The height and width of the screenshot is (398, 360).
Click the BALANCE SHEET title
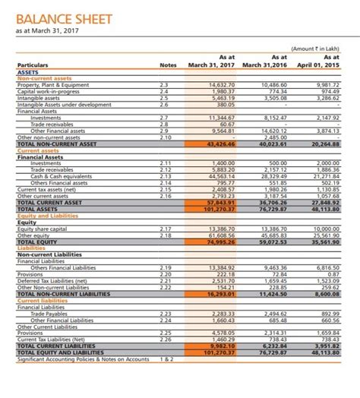[64, 19]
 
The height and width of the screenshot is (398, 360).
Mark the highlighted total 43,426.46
[221, 143]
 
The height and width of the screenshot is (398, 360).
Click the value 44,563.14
[221, 175]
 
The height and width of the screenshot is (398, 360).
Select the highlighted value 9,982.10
[221, 345]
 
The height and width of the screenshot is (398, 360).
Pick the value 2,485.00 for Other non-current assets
[275, 136]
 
